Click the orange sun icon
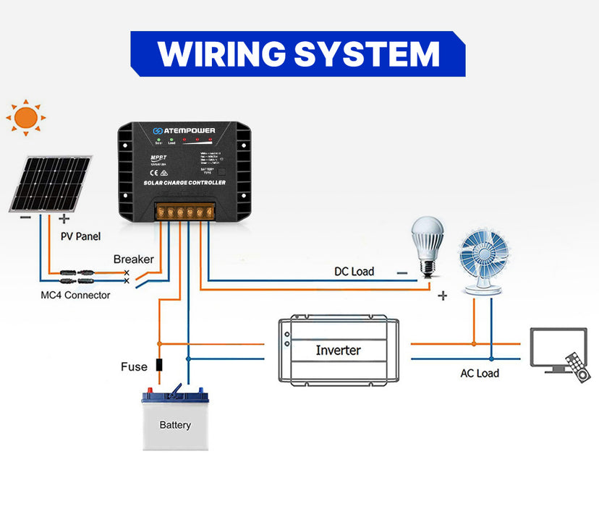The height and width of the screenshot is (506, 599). (26, 117)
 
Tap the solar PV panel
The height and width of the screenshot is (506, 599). (50, 183)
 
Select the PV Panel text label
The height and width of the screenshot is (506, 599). (80, 236)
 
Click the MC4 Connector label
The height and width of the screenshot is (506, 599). (75, 295)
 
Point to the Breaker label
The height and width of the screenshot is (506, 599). (133, 259)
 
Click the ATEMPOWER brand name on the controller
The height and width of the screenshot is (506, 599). (190, 131)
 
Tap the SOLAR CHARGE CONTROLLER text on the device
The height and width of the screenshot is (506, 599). (184, 183)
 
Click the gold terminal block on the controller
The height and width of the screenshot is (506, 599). (184, 212)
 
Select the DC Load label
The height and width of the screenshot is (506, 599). (354, 271)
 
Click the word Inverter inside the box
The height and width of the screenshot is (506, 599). (338, 350)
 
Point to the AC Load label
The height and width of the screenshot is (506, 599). (480, 373)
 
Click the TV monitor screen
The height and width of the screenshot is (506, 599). (558, 345)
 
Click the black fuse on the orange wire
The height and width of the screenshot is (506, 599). (159, 366)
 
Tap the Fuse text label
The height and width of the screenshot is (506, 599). (134, 366)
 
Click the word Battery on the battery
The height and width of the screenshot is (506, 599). (175, 425)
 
